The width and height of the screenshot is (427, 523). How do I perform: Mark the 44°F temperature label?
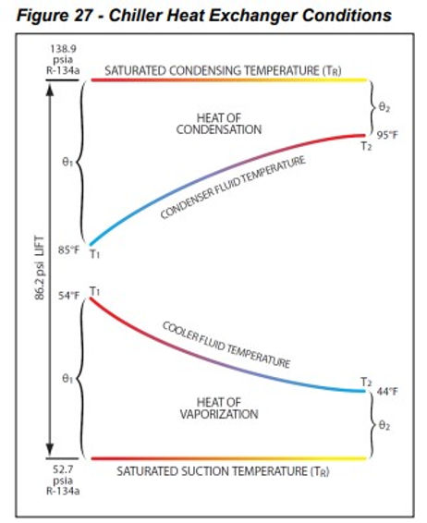(386, 391)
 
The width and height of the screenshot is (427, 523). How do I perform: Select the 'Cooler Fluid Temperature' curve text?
(226, 345)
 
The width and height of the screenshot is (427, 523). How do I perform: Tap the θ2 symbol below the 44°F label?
(384, 426)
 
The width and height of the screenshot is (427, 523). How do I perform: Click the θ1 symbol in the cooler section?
(66, 378)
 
